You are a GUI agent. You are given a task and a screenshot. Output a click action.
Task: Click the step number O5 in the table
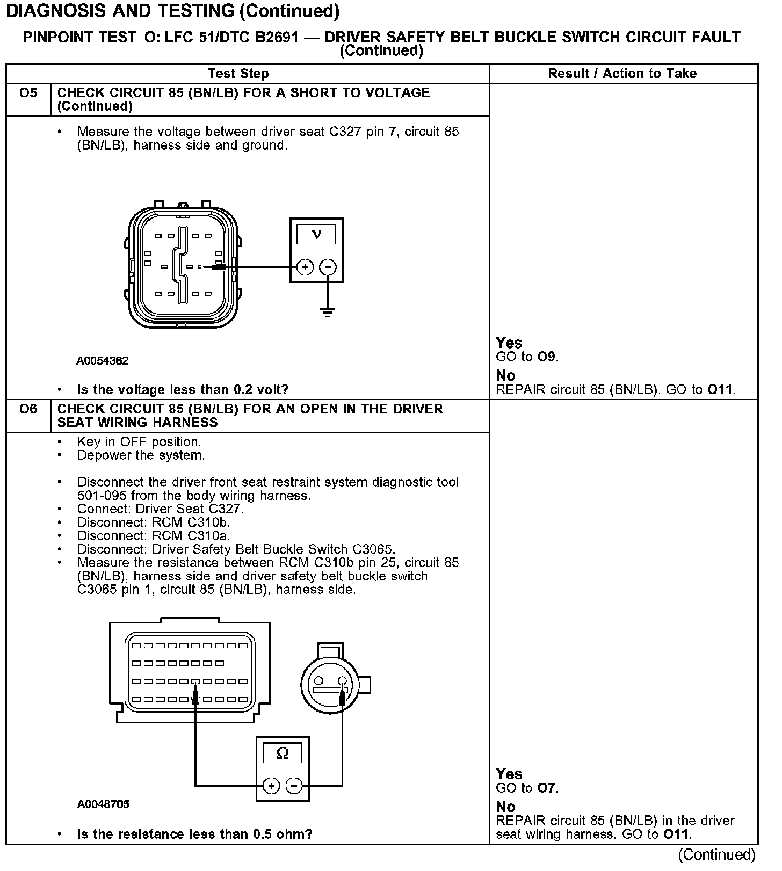28,93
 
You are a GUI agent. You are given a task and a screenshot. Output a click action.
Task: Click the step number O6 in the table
28,409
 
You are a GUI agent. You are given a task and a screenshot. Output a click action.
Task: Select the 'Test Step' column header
238,74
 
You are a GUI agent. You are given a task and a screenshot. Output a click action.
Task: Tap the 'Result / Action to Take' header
622,74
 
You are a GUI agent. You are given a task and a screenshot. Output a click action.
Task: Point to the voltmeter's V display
316,235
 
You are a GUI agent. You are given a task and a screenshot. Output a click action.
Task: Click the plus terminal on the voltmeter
305,267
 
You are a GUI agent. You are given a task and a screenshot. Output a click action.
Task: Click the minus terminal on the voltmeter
328,267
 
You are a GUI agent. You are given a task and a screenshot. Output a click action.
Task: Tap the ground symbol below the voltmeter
328,311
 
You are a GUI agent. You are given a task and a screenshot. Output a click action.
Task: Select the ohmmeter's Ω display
283,753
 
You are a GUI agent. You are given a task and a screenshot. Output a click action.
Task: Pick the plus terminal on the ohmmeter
271,786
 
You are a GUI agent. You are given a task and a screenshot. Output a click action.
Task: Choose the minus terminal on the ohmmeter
294,786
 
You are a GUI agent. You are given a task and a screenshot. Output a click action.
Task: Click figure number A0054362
103,361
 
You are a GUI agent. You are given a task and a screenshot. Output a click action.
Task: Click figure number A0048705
103,804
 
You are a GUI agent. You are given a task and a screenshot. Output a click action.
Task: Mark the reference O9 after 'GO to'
547,357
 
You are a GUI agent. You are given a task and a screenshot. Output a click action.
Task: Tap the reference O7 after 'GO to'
547,788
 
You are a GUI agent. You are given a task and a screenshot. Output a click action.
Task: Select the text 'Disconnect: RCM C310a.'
154,536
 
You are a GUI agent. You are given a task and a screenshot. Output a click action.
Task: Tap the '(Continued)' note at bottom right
716,855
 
